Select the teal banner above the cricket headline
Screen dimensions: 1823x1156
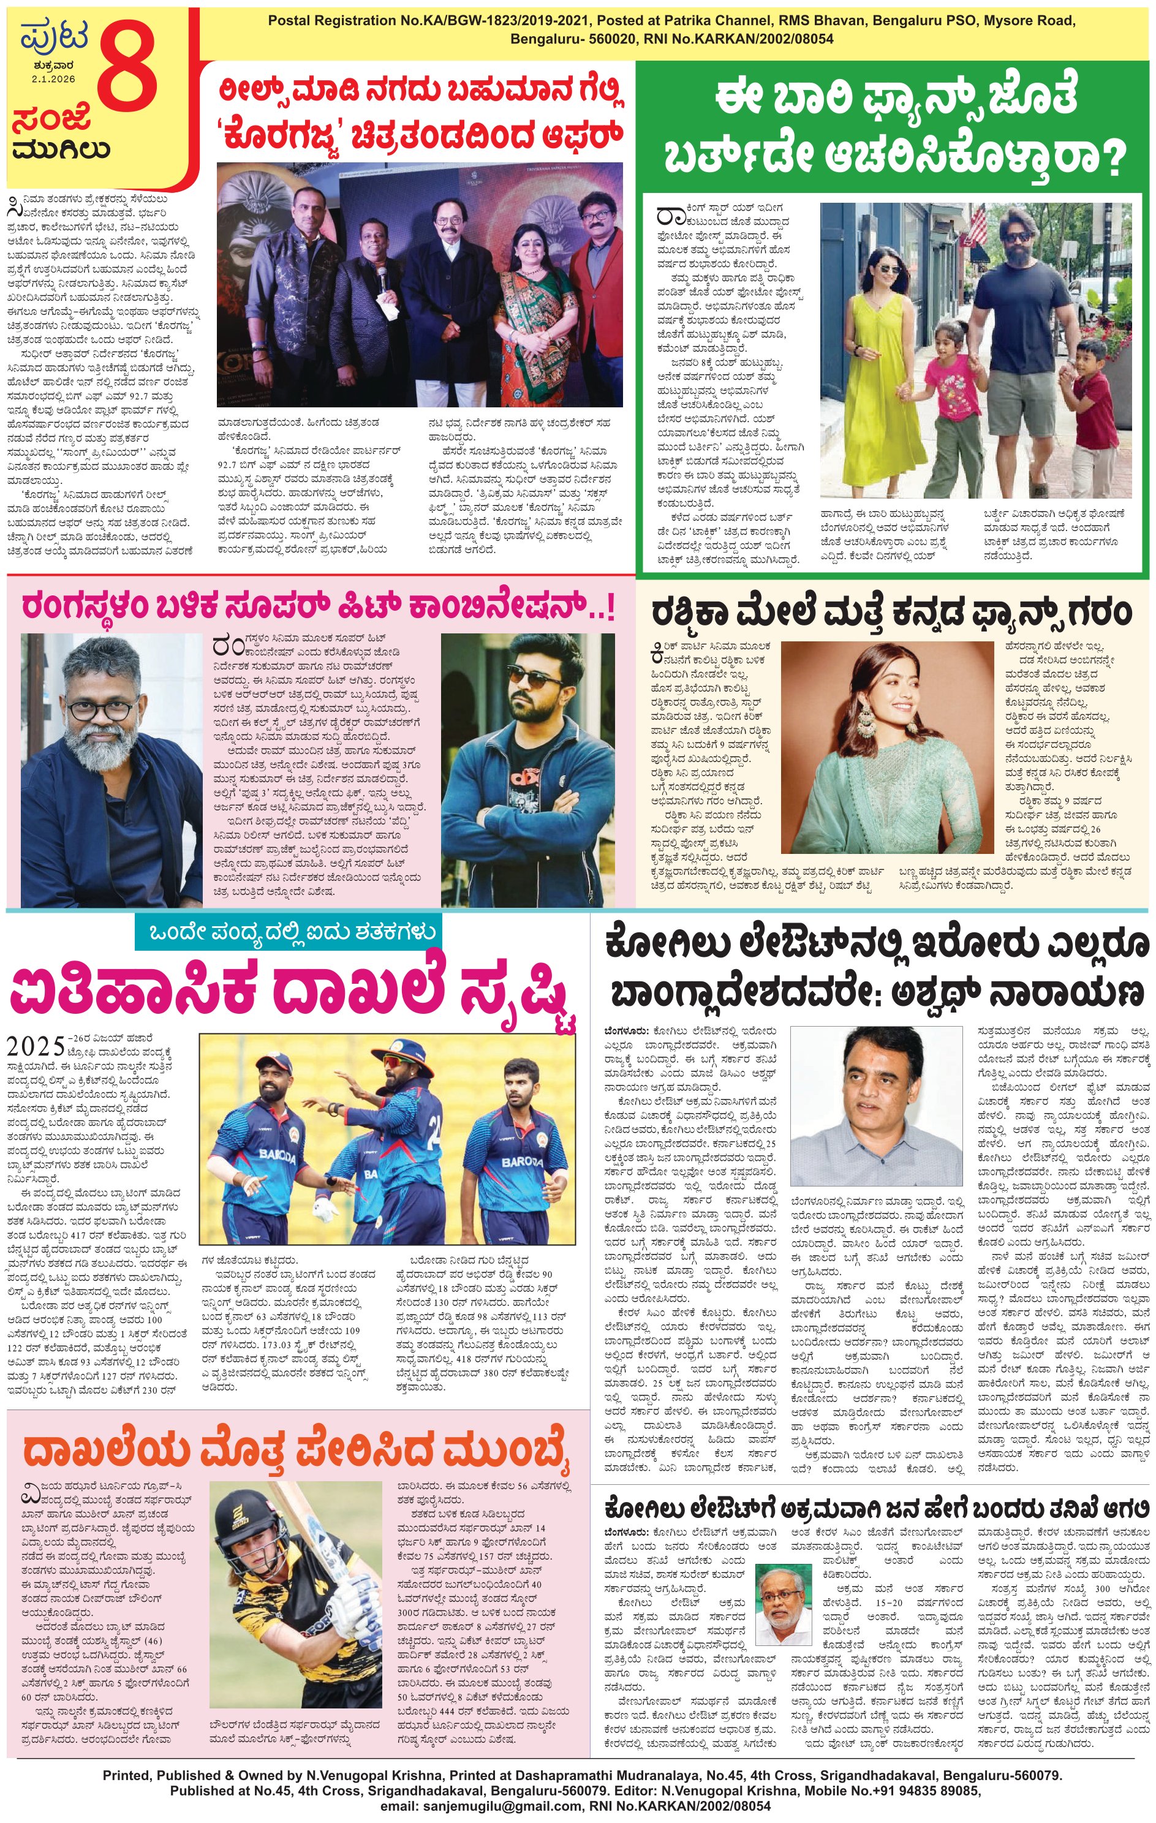coord(286,933)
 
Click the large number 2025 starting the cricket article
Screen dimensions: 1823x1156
coord(36,1046)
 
